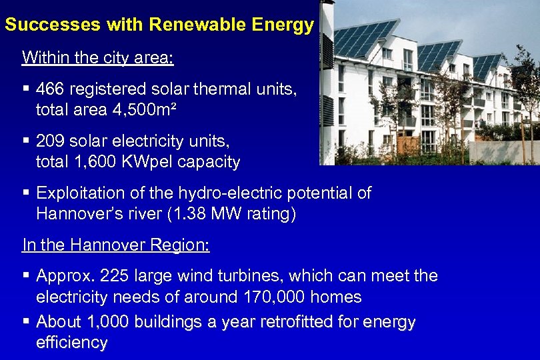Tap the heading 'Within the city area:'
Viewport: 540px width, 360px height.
tap(98, 57)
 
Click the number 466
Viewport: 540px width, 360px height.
tap(50, 89)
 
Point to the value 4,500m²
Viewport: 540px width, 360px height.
tap(142, 109)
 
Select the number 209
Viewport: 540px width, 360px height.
tap(50, 141)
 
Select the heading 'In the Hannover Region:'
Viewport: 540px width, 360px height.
tap(116, 245)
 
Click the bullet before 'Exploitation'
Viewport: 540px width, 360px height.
tap(26, 193)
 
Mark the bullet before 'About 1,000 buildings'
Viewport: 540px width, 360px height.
tap(26, 322)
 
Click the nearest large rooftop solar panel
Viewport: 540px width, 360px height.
tap(363, 37)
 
